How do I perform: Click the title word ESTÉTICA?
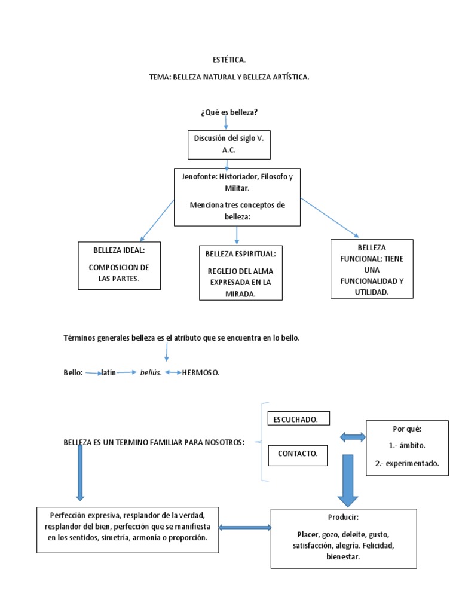(229, 60)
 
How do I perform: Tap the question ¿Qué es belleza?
(229, 112)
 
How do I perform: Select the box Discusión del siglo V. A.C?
(229, 145)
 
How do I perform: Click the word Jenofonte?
(200, 176)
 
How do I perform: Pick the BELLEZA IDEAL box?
(119, 266)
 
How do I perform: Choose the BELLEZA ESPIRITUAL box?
(240, 273)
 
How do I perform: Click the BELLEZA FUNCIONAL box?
(372, 269)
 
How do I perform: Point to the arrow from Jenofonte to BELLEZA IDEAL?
(157, 221)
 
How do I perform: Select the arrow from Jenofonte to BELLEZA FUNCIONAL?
(329, 218)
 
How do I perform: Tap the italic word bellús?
(151, 372)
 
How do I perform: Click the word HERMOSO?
(201, 373)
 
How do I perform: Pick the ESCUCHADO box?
(299, 418)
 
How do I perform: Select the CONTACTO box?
(298, 455)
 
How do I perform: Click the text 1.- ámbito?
(407, 445)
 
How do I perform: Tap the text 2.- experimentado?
(407, 463)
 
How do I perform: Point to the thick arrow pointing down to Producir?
(348, 481)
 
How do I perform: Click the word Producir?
(343, 517)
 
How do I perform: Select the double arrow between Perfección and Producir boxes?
(244, 528)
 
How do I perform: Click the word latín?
(109, 372)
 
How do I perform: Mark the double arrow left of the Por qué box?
(353, 437)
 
